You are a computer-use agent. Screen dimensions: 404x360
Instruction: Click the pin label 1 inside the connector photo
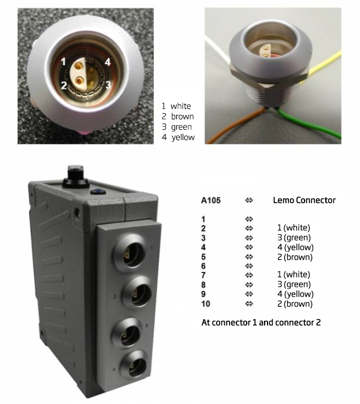[x=65, y=60]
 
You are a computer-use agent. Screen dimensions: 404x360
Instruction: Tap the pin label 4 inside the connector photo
[x=107, y=61]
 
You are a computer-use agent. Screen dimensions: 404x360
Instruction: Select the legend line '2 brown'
[x=178, y=117]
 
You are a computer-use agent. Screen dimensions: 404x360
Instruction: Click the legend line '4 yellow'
[x=178, y=137]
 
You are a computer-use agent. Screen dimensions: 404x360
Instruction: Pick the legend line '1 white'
[x=177, y=106]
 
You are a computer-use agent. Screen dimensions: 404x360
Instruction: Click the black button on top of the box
[x=73, y=174]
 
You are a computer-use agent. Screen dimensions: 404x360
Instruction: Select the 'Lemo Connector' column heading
[x=304, y=201]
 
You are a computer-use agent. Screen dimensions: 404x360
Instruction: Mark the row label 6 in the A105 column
[x=203, y=266]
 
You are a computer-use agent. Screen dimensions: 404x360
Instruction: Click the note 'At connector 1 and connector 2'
[x=261, y=321]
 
